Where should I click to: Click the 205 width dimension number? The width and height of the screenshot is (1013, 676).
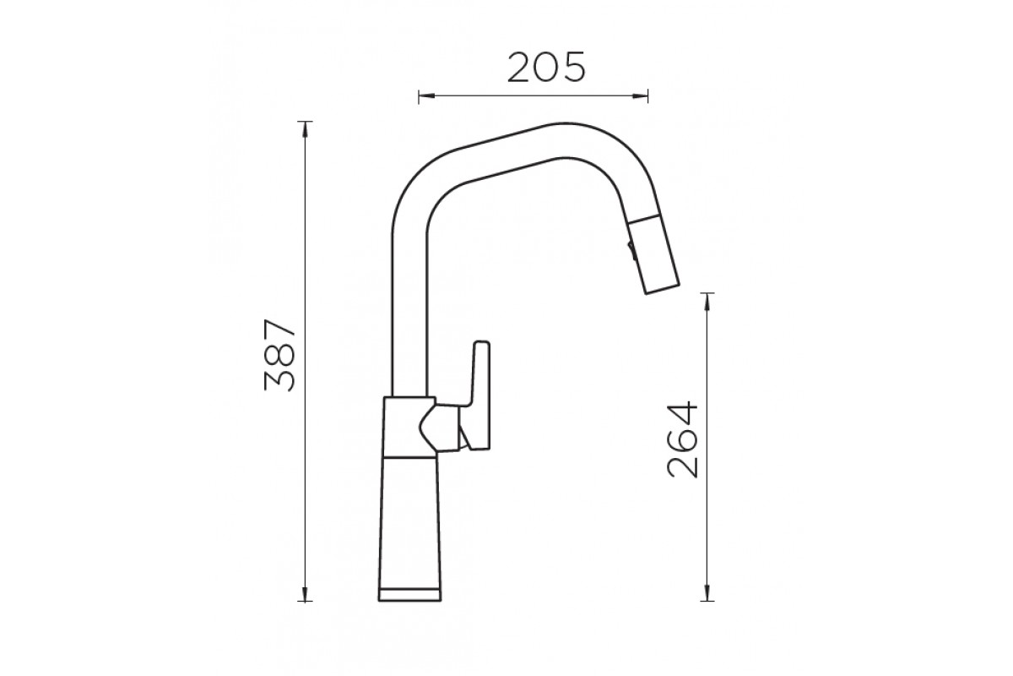pyautogui.click(x=546, y=68)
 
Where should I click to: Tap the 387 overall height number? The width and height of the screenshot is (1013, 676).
pyautogui.click(x=280, y=356)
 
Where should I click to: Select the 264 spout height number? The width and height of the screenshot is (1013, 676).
pyautogui.click(x=683, y=439)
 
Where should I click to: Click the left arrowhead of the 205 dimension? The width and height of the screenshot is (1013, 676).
pyautogui.click(x=426, y=96)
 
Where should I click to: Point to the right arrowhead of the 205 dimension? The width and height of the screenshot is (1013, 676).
pyautogui.click(x=641, y=96)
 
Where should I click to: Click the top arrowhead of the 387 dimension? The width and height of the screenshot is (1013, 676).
pyautogui.click(x=306, y=130)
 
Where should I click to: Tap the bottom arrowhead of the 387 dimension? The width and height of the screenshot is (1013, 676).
pyautogui.click(x=306, y=593)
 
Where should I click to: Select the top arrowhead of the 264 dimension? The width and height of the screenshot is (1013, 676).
pyautogui.click(x=707, y=302)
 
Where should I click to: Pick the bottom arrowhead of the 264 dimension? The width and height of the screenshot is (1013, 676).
pyautogui.click(x=707, y=593)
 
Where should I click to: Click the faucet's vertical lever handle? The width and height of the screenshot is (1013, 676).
pyautogui.click(x=479, y=395)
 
